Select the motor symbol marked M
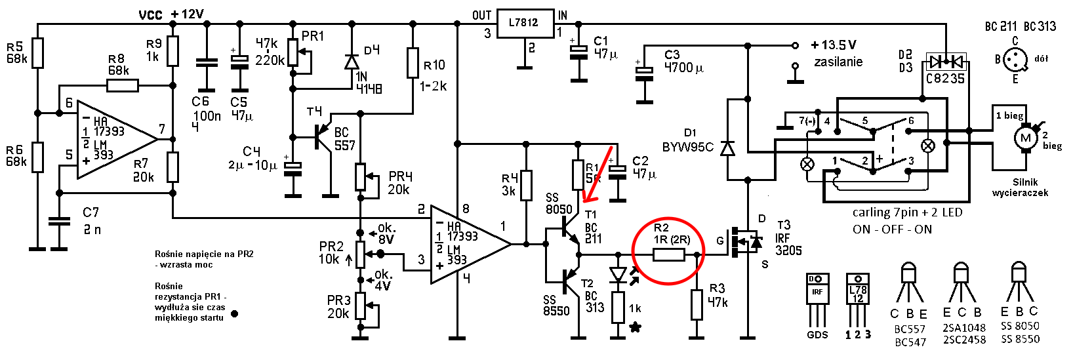point(1025,138)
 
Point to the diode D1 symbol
point(728,148)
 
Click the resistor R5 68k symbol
point(37,52)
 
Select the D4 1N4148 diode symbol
point(352,62)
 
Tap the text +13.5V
point(834,45)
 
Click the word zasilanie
point(838,62)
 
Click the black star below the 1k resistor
point(636,327)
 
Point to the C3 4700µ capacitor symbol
point(644,73)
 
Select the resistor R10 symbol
point(413,62)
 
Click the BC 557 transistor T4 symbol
point(322,137)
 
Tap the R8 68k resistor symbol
point(122,86)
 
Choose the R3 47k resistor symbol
point(697,304)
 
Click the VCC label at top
point(150,15)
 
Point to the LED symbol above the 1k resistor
point(618,275)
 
